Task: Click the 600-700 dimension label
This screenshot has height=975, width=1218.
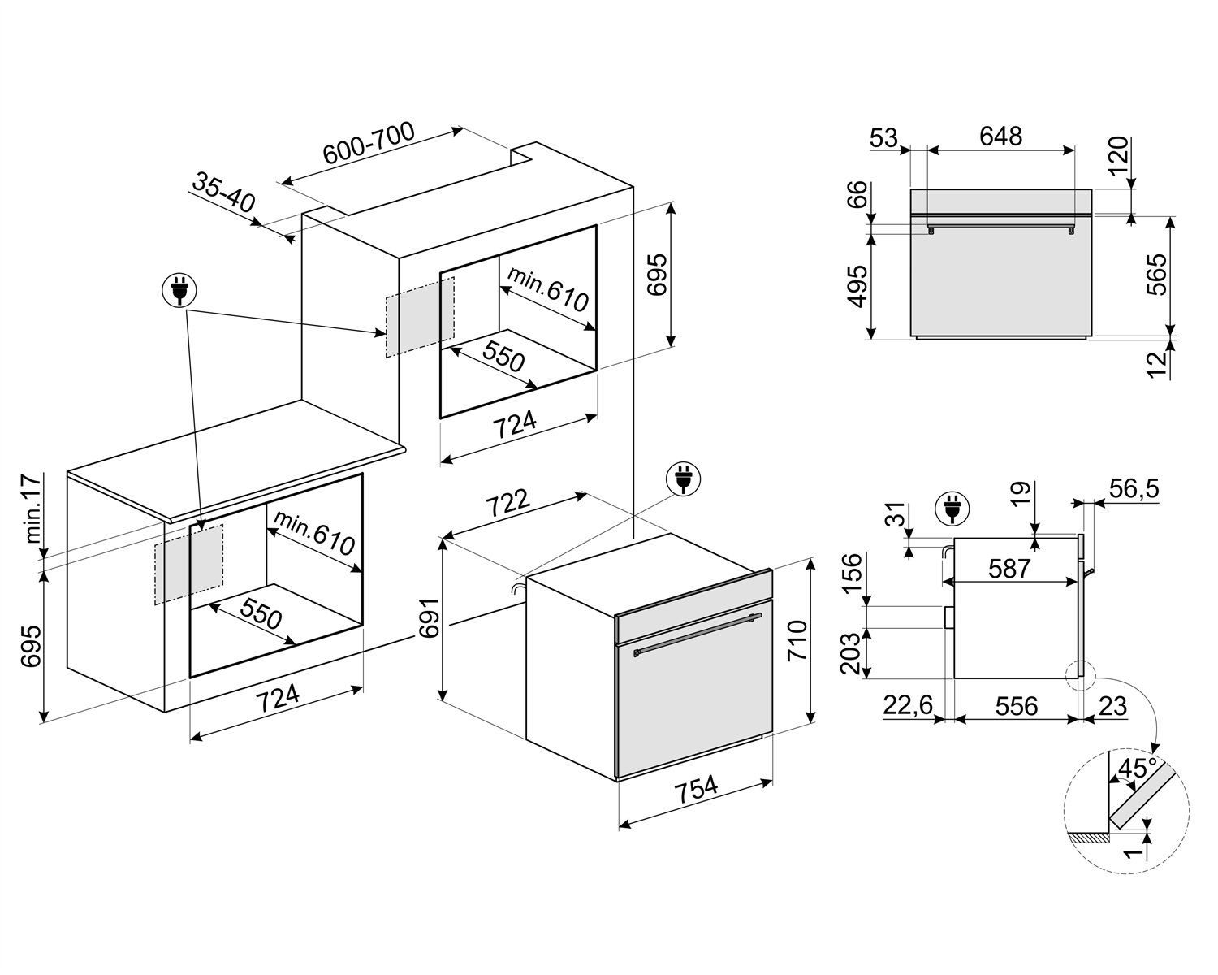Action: tap(369, 143)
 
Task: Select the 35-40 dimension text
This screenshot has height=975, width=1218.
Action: tap(224, 193)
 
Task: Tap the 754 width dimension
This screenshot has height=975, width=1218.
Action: tap(696, 789)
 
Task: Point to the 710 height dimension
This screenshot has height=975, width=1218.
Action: tap(797, 640)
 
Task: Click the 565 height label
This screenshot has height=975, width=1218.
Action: tap(1156, 275)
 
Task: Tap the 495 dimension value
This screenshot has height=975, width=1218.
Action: tap(858, 287)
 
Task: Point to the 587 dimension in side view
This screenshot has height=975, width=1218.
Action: tap(1010, 569)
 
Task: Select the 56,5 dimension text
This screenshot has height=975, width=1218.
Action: tap(1134, 488)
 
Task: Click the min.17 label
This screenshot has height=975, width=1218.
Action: tap(33, 509)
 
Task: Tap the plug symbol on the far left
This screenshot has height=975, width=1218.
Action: tap(179, 291)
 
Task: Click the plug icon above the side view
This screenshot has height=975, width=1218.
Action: tap(952, 508)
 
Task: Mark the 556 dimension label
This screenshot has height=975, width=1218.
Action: tap(1017, 706)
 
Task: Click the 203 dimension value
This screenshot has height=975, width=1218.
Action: tap(851, 653)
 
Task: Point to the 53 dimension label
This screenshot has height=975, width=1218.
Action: tap(883, 137)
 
